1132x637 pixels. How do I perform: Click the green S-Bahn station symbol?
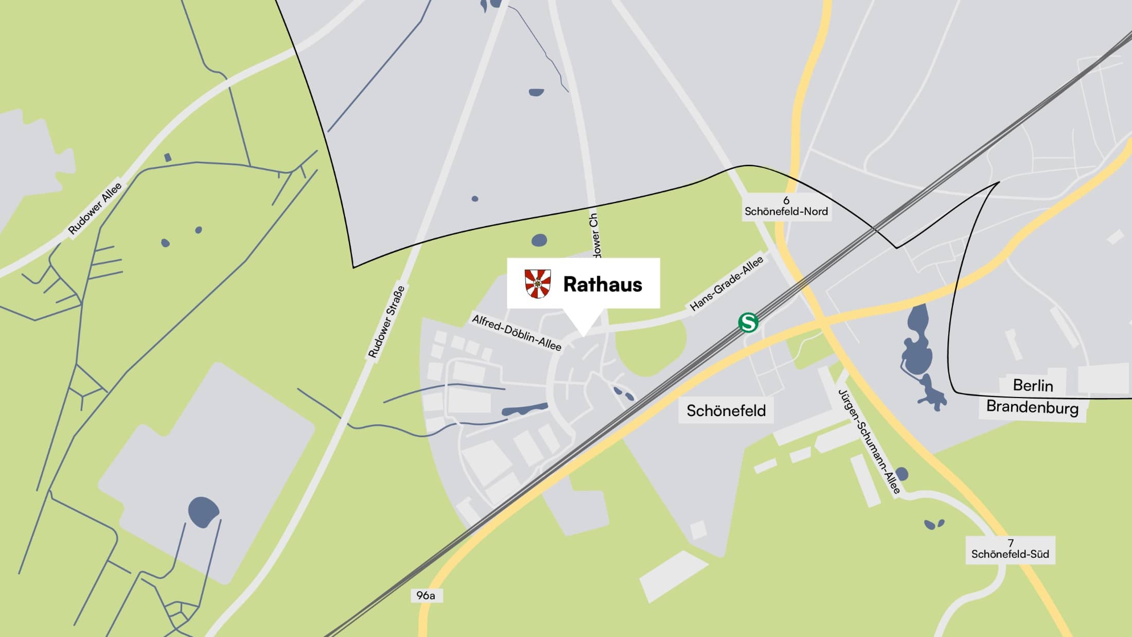pyautogui.click(x=748, y=323)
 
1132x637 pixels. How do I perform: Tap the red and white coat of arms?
pyautogui.click(x=538, y=283)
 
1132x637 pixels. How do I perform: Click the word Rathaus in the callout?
pyautogui.click(x=603, y=284)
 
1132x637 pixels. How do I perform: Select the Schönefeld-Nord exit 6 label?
pyautogui.click(x=786, y=206)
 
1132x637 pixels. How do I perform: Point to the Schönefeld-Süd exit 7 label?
pyautogui.click(x=1010, y=549)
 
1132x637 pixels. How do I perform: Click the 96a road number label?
pyautogui.click(x=426, y=596)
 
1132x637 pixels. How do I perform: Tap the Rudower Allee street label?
pyautogui.click(x=95, y=208)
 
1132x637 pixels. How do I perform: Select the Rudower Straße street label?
pyautogui.click(x=386, y=322)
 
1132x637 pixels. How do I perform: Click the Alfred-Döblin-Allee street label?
pyautogui.click(x=516, y=333)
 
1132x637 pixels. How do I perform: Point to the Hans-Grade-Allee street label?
pyautogui.click(x=726, y=285)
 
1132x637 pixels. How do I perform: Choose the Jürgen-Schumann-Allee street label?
pyautogui.click(x=869, y=442)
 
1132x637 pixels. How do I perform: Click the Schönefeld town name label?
pyautogui.click(x=726, y=411)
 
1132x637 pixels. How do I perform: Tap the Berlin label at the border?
pyautogui.click(x=1033, y=385)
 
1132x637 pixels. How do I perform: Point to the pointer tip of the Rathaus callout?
pyautogui.click(x=583, y=335)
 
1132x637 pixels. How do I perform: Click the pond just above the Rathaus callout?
pyautogui.click(x=539, y=240)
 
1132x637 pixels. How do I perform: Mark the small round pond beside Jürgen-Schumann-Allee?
pyautogui.click(x=901, y=474)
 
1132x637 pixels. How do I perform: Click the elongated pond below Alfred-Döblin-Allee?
pyautogui.click(x=525, y=409)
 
